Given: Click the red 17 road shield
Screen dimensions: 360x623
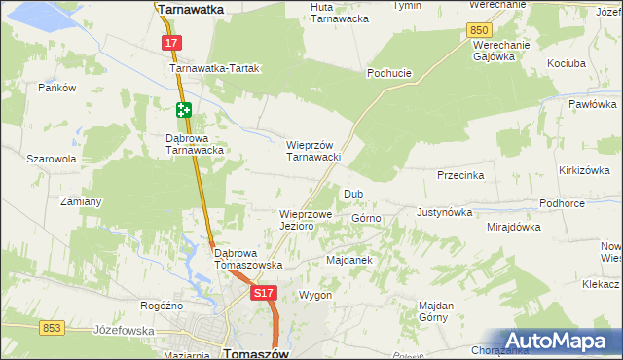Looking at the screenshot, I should click(x=171, y=43).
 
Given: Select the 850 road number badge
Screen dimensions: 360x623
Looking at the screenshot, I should click(x=478, y=31).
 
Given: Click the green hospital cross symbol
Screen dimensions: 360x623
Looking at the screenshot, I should click(x=184, y=111).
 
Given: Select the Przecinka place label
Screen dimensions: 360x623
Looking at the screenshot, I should click(x=460, y=176).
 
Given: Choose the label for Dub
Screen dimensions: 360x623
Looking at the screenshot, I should click(x=352, y=194).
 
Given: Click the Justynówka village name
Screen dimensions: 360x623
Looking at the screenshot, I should click(x=444, y=211).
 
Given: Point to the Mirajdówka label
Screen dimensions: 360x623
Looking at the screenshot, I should click(x=513, y=227).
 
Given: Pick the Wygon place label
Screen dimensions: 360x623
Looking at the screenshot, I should click(x=315, y=295).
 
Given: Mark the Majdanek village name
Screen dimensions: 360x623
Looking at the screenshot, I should click(x=349, y=261).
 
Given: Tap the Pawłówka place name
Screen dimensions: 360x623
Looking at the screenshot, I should click(x=592, y=104).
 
